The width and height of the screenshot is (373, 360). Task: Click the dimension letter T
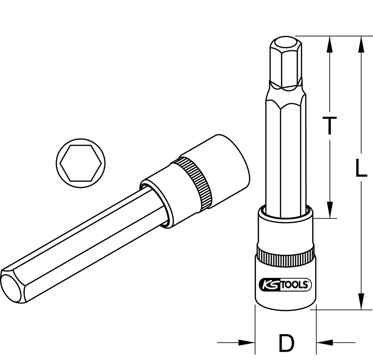tap(329, 125)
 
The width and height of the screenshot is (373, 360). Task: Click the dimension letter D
tap(286, 343)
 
